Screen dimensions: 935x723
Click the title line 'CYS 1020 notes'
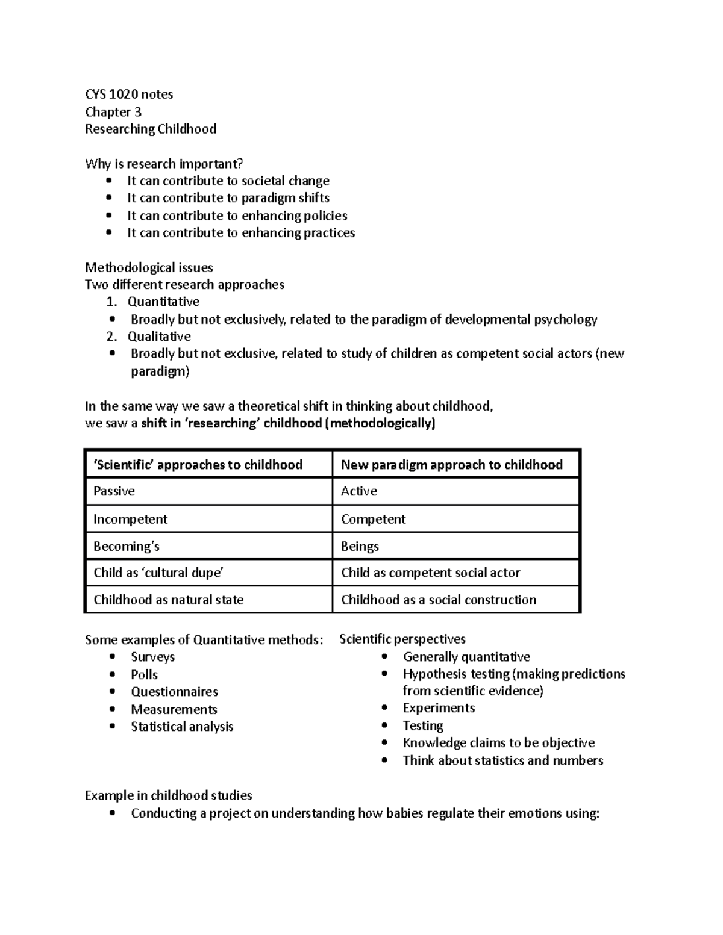pyautogui.click(x=129, y=94)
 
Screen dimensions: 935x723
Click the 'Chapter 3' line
pyautogui.click(x=113, y=112)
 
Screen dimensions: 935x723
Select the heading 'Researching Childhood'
pyautogui.click(x=151, y=129)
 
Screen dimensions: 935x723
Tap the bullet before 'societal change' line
pyautogui.click(x=108, y=181)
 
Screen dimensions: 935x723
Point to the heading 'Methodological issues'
pyautogui.click(x=149, y=267)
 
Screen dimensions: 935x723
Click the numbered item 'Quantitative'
pyautogui.click(x=163, y=302)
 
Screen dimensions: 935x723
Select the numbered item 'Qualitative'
pyautogui.click(x=159, y=337)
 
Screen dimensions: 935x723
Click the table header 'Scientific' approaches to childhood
pyautogui.click(x=198, y=464)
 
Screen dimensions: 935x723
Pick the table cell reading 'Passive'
pyautogui.click(x=114, y=491)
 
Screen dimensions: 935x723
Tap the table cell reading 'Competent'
pyautogui.click(x=373, y=519)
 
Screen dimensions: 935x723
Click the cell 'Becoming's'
pyautogui.click(x=127, y=546)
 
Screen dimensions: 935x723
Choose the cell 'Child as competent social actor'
pyautogui.click(x=430, y=573)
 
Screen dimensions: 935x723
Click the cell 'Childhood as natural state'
pyautogui.click(x=169, y=600)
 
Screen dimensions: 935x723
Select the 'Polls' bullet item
pyautogui.click(x=144, y=674)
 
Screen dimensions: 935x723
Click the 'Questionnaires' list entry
pyautogui.click(x=174, y=692)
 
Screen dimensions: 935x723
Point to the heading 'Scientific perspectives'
pyautogui.click(x=402, y=639)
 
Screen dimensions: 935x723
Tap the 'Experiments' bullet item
pyautogui.click(x=439, y=708)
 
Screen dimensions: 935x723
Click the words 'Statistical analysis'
pyautogui.click(x=182, y=727)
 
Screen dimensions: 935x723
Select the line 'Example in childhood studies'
pyautogui.click(x=168, y=795)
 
